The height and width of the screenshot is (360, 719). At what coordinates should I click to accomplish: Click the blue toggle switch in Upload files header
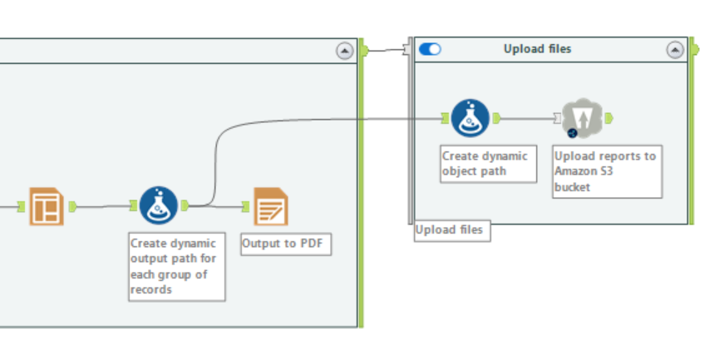(x=430, y=49)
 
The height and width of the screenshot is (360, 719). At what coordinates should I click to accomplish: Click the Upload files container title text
(x=537, y=49)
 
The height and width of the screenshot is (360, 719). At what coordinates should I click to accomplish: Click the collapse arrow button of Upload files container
(x=675, y=50)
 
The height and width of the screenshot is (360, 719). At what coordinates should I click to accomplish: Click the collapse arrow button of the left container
(x=344, y=51)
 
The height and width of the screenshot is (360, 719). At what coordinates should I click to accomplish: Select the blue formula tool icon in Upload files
(x=470, y=118)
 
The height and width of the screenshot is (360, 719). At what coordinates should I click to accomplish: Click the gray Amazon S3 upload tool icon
(x=581, y=118)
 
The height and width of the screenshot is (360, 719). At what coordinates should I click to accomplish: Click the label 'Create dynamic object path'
(x=485, y=163)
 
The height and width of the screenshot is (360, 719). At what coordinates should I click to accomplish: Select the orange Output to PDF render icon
(x=270, y=206)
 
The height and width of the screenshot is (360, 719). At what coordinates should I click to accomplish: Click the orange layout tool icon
(x=47, y=206)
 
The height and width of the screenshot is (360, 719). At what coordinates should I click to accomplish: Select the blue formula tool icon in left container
(x=158, y=205)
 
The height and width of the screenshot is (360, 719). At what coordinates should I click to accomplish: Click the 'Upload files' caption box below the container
(x=451, y=230)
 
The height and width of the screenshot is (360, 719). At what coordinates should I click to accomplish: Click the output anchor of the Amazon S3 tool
(x=609, y=118)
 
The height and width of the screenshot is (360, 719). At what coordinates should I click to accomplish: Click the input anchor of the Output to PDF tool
(x=246, y=206)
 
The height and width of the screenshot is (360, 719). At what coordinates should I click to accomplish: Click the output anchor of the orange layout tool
(x=72, y=205)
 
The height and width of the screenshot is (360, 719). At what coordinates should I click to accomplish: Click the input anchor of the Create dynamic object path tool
(x=445, y=118)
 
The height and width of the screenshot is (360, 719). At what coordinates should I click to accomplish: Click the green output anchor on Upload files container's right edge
(x=695, y=50)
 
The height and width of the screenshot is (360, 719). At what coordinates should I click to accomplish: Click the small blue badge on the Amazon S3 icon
(x=572, y=133)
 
